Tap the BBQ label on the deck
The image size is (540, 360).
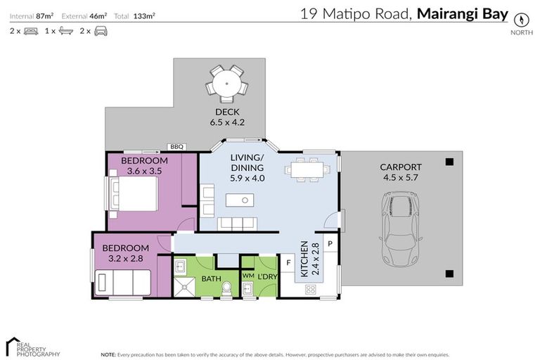[176, 147]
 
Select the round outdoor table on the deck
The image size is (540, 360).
[227, 83]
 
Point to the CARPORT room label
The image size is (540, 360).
[400, 167]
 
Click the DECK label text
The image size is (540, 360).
[227, 112]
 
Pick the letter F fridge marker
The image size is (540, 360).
[288, 264]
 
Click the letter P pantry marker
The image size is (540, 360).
[329, 244]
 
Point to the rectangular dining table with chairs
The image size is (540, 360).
[307, 169]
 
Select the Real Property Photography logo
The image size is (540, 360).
[32, 347]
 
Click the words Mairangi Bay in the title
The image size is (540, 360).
[462, 13]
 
